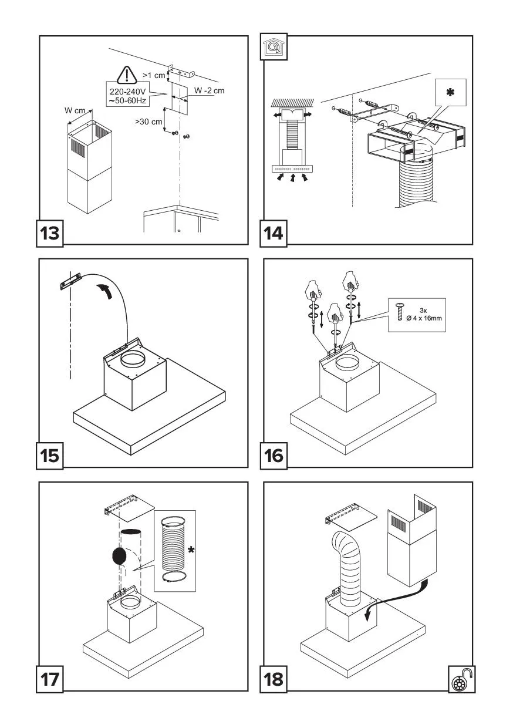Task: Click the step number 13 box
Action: (x=51, y=232)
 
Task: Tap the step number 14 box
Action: (x=274, y=232)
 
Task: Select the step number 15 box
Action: (x=51, y=456)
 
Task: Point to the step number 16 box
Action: (x=274, y=456)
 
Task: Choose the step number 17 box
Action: (x=51, y=679)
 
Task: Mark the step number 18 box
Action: (x=274, y=679)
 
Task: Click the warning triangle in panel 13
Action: (x=127, y=75)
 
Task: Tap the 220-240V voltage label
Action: (x=127, y=96)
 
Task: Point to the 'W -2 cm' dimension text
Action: (x=210, y=91)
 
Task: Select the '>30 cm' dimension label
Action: (x=148, y=122)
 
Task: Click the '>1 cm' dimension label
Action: (x=154, y=76)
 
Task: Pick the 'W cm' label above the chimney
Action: (x=76, y=110)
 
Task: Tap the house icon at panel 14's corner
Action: (x=272, y=48)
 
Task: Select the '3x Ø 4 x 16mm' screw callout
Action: (x=417, y=315)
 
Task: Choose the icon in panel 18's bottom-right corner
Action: (x=461, y=679)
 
